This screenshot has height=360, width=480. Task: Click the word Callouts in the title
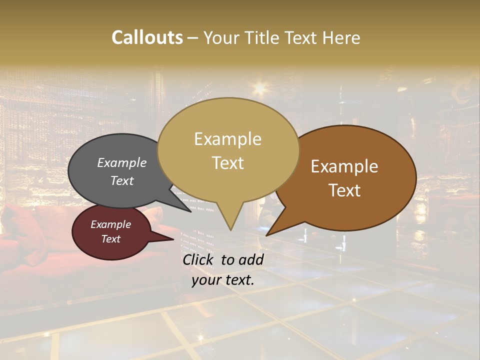(x=147, y=37)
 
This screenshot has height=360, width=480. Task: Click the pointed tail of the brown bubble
(x=268, y=234)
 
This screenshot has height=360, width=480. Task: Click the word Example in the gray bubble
(x=121, y=162)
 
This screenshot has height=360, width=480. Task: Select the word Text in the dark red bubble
(x=111, y=239)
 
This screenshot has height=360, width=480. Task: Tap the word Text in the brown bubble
(x=344, y=190)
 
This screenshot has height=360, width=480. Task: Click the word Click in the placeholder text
(x=199, y=259)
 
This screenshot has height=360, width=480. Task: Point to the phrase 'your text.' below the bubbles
(x=223, y=280)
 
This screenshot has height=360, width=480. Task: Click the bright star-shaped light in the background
(x=259, y=88)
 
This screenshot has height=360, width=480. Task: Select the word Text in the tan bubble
(x=228, y=162)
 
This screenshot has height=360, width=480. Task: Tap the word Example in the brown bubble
(x=344, y=166)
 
